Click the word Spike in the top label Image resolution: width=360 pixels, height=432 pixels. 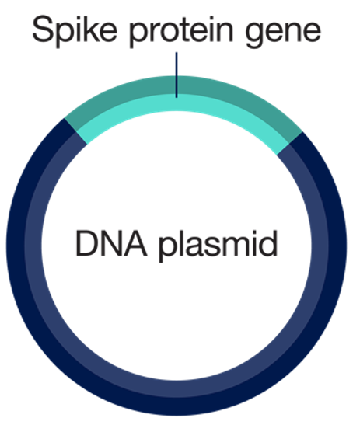pyautogui.click(x=75, y=30)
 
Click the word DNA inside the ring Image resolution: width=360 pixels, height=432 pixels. pyautogui.click(x=111, y=244)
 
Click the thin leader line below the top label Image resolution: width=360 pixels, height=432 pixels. pyautogui.click(x=177, y=75)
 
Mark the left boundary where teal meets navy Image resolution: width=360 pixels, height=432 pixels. pyautogui.click(x=75, y=131)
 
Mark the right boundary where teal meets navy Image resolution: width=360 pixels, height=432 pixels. pyautogui.click(x=289, y=143)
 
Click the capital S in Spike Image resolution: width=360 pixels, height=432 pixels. pyautogui.click(x=44, y=29)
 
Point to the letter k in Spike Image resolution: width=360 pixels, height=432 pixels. pyautogui.click(x=86, y=29)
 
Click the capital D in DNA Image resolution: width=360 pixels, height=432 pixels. pyautogui.click(x=86, y=244)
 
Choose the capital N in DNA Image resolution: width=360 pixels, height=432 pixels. pyautogui.click(x=112, y=244)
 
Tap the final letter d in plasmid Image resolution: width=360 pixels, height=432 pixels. pyautogui.click(x=267, y=243)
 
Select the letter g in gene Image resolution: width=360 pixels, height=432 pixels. pyautogui.click(x=255, y=35)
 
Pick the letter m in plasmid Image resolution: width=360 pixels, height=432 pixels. pyautogui.click(x=232, y=247)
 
